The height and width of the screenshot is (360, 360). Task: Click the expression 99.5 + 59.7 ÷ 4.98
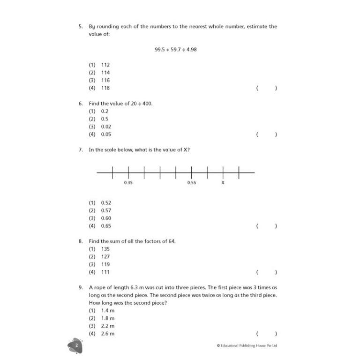(175, 49)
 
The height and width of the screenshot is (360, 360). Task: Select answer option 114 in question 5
(105, 73)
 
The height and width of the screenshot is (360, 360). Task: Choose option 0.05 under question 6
(106, 134)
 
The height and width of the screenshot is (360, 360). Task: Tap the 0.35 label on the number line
(128, 183)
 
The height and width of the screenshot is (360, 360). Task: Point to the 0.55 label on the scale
(191, 183)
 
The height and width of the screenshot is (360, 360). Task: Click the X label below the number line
(223, 183)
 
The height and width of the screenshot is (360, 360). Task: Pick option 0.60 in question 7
(106, 218)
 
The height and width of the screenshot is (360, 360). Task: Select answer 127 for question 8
(105, 256)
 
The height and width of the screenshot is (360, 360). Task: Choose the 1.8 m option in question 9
(108, 318)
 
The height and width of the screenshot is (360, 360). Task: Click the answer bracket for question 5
(266, 88)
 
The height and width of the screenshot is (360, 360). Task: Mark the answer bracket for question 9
(266, 334)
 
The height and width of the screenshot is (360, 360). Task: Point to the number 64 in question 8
(172, 241)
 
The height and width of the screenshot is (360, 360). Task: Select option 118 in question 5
(105, 88)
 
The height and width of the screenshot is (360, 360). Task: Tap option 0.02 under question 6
(106, 127)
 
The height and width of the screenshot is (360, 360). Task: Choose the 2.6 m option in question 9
(108, 334)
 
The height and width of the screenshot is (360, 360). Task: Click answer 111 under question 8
(105, 272)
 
